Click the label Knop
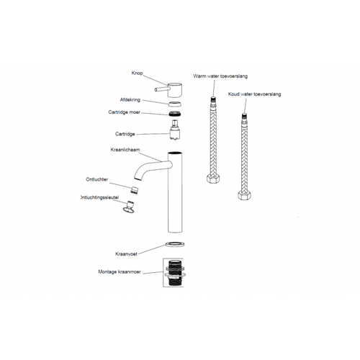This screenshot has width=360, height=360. (137, 73)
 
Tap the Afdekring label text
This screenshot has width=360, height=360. (130, 100)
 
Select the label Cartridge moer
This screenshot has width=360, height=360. (124, 112)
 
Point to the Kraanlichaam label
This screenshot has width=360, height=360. (125, 150)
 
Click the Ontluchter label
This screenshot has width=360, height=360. (96, 179)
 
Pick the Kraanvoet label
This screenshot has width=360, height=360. (126, 254)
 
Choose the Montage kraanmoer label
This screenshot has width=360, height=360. (120, 271)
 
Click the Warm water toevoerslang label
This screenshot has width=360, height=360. (220, 76)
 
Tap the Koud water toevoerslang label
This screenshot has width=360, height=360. (254, 94)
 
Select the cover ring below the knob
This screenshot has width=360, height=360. (174, 104)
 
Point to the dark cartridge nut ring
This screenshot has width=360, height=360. (175, 114)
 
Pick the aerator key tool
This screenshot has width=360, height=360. (130, 207)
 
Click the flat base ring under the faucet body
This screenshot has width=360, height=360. (175, 245)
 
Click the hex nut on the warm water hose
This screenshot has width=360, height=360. (213, 179)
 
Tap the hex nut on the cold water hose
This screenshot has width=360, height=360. (244, 194)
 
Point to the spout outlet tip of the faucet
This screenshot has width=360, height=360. (137, 179)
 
